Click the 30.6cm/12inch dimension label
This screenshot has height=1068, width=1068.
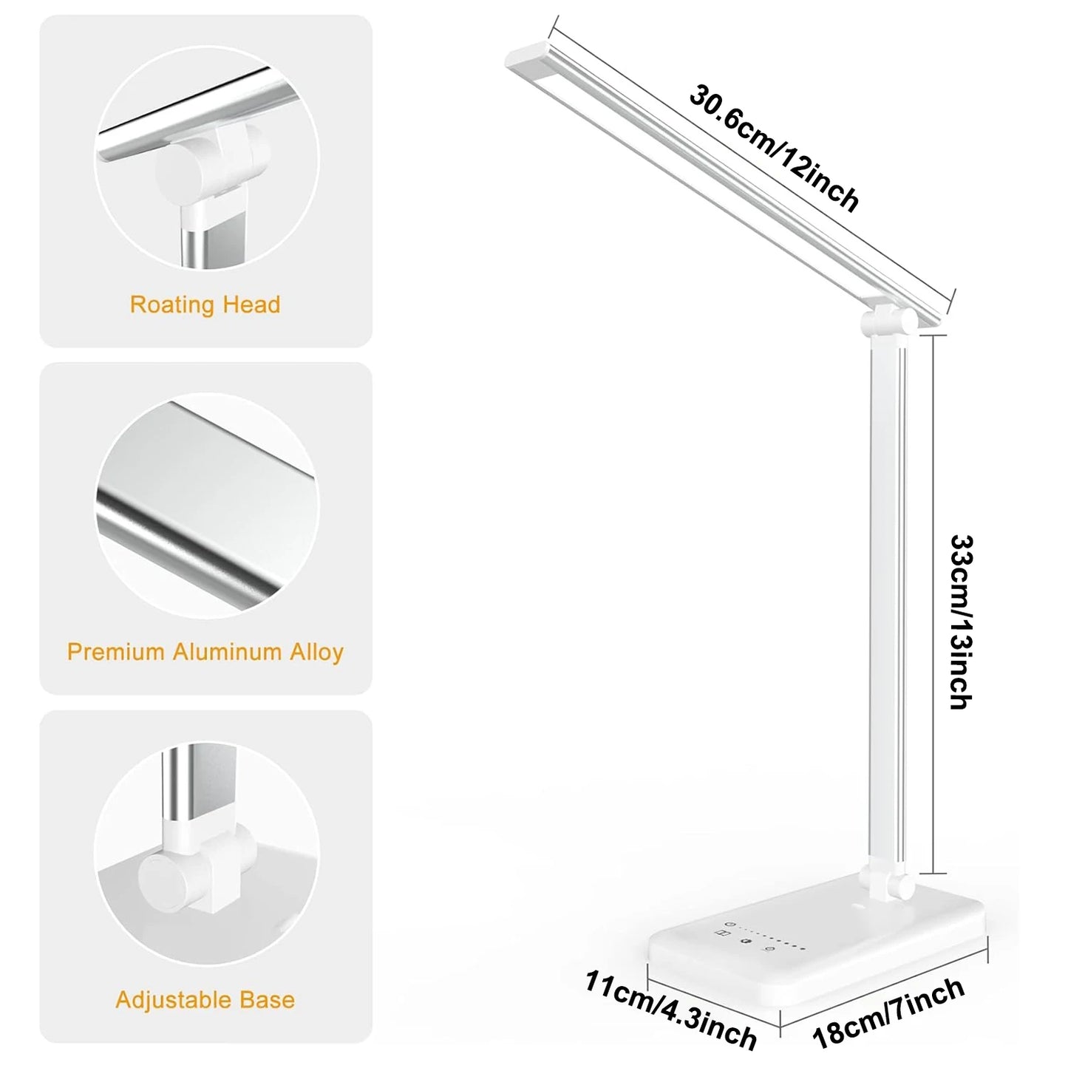point(775,149)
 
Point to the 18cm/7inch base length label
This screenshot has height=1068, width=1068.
point(889,1012)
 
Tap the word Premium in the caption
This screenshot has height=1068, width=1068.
point(115,652)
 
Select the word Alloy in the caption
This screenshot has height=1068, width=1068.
point(316,652)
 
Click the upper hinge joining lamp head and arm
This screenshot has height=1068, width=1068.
point(886,323)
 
